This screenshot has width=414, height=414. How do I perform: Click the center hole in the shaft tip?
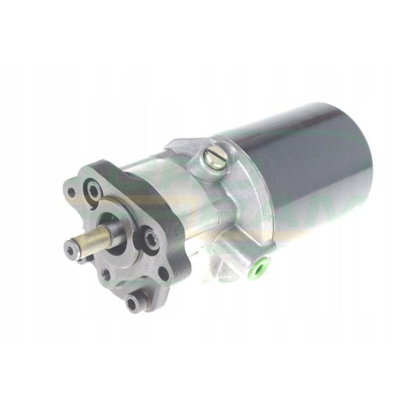coord(70,251)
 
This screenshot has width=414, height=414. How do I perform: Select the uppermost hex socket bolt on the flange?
coord(94,190)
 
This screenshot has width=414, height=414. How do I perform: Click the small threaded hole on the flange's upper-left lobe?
coord(71,192)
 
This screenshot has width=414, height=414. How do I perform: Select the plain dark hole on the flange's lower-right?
coord(164,273)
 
